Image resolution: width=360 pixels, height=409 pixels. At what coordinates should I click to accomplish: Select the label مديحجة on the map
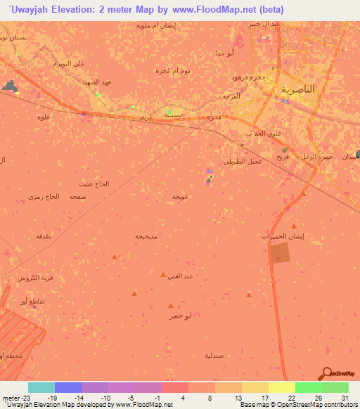[x=148, y=236]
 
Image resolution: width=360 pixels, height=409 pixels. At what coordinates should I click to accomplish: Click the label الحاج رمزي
[x=44, y=197]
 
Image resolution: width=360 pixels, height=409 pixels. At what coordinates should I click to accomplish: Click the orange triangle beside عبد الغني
[x=163, y=275]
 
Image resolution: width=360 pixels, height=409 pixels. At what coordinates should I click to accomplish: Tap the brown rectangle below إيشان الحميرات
[x=279, y=254]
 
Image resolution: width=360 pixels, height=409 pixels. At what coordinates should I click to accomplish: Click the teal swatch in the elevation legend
[x=41, y=387]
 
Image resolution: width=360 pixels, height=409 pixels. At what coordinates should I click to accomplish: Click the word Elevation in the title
[x=77, y=10]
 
